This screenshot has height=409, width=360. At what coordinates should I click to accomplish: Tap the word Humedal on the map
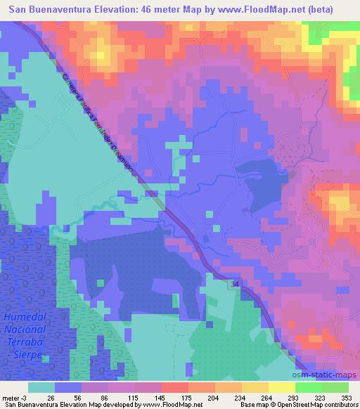coord(25,318)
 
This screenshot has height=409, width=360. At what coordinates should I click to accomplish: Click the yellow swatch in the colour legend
coord(282,387)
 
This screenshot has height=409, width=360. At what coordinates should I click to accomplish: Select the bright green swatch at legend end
coord(335,387)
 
